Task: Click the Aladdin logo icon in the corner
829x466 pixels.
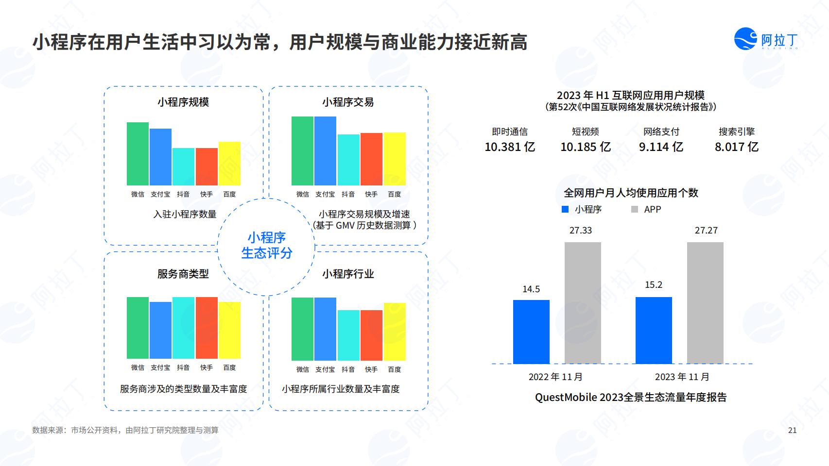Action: coord(745,38)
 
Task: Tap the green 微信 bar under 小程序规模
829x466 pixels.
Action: coord(138,154)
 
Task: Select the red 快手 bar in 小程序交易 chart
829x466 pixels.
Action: coord(371,159)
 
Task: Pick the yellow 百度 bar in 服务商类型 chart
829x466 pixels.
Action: coord(229,330)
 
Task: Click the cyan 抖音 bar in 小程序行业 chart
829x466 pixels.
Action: coord(348,335)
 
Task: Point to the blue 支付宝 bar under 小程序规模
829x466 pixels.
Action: coord(161,157)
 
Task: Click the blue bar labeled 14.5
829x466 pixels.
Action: coord(531,332)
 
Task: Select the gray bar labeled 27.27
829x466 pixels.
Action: coord(705,303)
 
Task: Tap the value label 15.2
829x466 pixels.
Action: coord(654,285)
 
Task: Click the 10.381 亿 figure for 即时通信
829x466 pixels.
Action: coord(510,147)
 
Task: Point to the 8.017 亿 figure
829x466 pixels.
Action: coord(737,147)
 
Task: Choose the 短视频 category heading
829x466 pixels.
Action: coord(585,131)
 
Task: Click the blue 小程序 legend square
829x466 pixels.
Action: coord(565,209)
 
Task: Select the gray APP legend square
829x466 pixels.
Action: coord(634,209)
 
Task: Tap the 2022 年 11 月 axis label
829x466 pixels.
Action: coord(555,377)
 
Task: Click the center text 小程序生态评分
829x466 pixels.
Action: coord(266,245)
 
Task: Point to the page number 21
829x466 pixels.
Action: coord(792,430)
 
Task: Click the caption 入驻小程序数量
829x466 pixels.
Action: coord(185,214)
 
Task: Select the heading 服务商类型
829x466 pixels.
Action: coord(183,274)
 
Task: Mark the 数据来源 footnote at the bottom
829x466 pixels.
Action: coord(125,430)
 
